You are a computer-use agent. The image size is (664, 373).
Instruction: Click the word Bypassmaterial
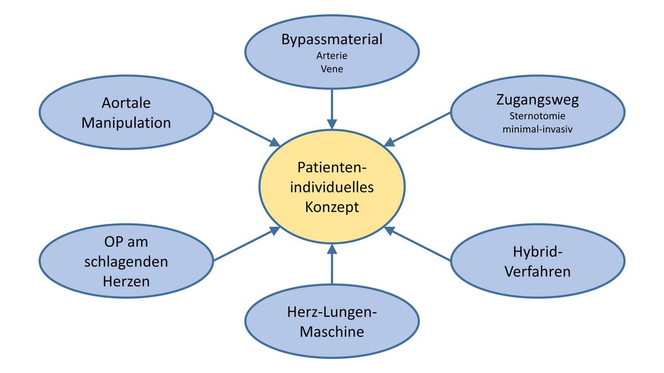331,39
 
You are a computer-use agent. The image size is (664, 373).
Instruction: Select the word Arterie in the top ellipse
331,56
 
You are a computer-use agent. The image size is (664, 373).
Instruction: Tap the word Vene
331,69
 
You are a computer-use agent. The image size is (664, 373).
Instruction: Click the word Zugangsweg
537,100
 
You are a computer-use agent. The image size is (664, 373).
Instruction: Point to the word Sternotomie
537,116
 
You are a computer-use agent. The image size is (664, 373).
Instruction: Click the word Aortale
127,104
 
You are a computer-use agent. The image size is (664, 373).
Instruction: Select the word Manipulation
127,122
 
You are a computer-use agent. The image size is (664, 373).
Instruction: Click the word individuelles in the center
331,187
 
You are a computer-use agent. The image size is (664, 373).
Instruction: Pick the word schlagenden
127,262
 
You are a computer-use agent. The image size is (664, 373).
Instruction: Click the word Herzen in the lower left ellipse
127,280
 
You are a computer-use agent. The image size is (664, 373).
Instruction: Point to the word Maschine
331,331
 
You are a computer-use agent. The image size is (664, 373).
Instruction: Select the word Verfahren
537,271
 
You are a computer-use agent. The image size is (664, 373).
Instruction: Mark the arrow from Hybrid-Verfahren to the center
420,244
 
